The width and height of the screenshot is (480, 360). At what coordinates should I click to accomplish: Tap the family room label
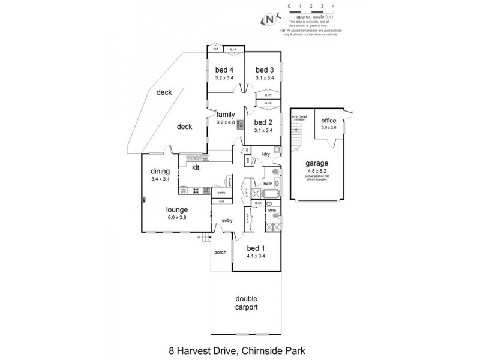point(226,115)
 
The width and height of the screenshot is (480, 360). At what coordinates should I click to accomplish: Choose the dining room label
point(161,171)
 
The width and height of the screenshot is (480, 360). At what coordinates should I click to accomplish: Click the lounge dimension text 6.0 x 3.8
point(178,217)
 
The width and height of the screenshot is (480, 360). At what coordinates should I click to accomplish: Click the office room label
point(329,121)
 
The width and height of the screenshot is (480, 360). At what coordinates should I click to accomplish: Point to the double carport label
point(245,302)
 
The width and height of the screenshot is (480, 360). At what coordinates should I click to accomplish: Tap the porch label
point(220,252)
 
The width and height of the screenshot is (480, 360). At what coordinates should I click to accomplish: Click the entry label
point(227,220)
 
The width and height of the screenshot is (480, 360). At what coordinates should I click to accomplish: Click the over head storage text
point(299,118)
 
